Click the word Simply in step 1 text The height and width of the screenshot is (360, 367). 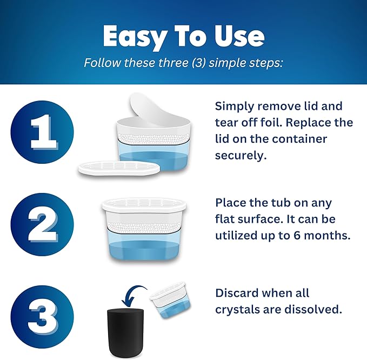click(x=233, y=106)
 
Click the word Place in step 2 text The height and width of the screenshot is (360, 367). click(x=229, y=203)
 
